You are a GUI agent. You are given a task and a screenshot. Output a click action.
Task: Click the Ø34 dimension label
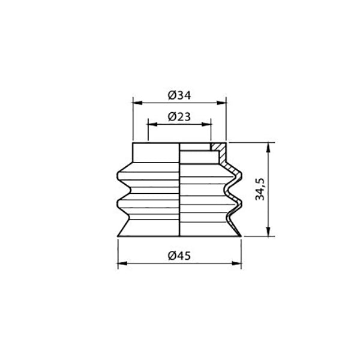[179, 95]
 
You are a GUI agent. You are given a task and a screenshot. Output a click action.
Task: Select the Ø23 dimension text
[179, 116]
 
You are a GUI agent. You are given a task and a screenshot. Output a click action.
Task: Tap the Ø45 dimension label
[179, 256]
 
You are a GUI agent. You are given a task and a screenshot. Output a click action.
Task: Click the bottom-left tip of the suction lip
[118, 236]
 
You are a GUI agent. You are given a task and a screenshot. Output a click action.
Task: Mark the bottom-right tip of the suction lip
[242, 236]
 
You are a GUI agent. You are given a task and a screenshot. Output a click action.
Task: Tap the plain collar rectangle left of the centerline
[156, 152]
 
